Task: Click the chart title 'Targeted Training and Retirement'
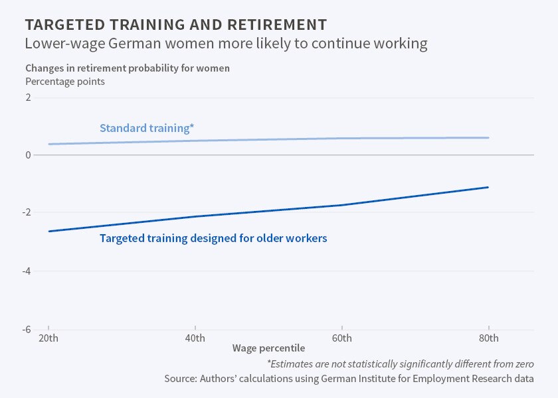(x=176, y=25)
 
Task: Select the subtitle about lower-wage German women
(x=226, y=44)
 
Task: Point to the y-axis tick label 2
(x=28, y=98)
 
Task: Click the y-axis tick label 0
(x=28, y=155)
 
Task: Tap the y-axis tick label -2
(x=27, y=213)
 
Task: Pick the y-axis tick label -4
(x=27, y=271)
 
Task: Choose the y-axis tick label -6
(x=27, y=329)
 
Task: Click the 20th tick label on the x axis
(x=49, y=338)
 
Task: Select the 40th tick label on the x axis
(x=195, y=338)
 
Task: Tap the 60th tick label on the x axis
(x=341, y=338)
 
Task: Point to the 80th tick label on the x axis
(x=488, y=338)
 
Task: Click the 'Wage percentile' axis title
(x=268, y=348)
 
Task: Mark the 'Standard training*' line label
(x=147, y=128)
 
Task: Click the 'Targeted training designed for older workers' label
(x=213, y=238)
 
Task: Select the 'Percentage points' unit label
(x=65, y=82)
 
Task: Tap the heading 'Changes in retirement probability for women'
(x=128, y=68)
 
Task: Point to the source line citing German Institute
(x=349, y=379)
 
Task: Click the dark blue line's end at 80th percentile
(x=488, y=187)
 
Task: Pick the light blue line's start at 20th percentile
(x=49, y=144)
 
